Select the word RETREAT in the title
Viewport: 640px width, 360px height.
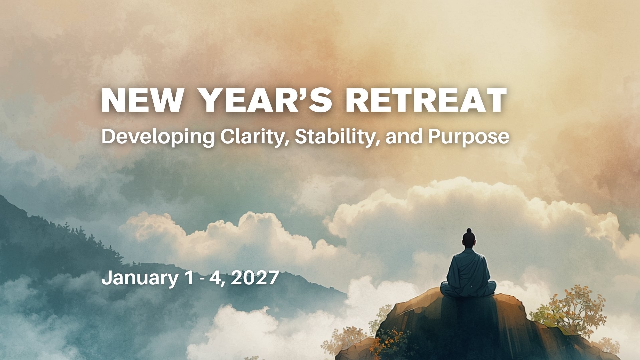coord(426,100)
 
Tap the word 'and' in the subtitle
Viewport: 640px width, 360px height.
coord(404,137)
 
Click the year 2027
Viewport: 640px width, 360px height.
coord(255,278)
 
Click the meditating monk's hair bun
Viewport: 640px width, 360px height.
coord(469,231)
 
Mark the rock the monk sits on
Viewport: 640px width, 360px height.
coord(467,327)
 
